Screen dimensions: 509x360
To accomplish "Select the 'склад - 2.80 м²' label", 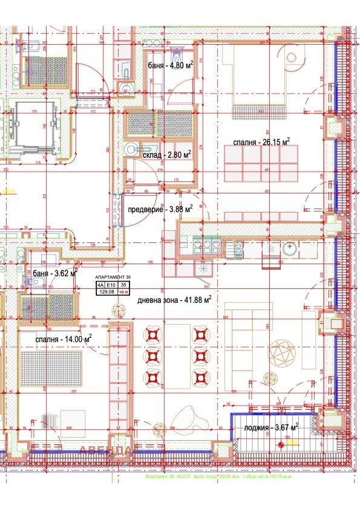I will click(167, 155).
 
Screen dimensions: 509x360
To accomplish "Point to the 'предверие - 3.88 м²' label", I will click(160, 209).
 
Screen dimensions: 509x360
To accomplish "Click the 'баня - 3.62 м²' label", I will click(56, 273).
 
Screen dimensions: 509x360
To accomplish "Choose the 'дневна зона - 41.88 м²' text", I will click(174, 299).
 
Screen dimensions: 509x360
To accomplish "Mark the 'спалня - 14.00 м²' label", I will click(64, 339).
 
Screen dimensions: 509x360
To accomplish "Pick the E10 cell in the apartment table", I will click(110, 284).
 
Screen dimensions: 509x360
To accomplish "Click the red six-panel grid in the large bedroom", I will click(262, 163).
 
